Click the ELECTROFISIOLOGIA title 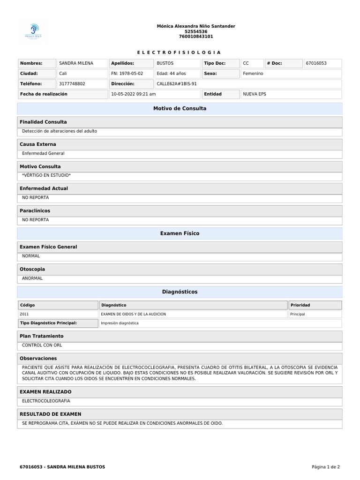180,52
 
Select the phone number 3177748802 72,84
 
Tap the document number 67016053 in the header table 316,63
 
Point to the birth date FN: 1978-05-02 127,74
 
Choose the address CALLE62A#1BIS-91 177,84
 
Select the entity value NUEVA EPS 254,94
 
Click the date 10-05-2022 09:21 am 134,94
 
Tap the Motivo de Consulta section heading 180,109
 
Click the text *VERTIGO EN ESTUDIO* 46,175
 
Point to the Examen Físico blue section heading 180,233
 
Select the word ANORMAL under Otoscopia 32,278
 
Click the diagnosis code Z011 25,314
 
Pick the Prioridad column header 300,305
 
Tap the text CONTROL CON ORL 42,345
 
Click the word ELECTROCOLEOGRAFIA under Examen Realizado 46,401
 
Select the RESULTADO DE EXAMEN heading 51,414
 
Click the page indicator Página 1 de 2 326,467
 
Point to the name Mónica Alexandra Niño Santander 196,26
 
